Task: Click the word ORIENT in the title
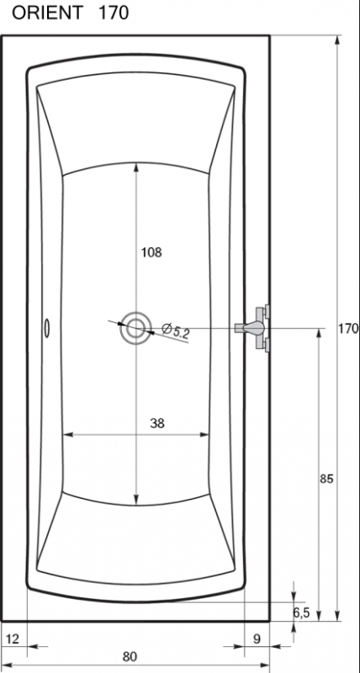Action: click(x=47, y=13)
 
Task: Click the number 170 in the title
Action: click(x=114, y=13)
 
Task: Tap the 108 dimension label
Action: click(x=151, y=252)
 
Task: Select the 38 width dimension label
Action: click(x=157, y=423)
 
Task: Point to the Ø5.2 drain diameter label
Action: click(x=176, y=331)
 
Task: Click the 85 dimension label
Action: click(x=326, y=479)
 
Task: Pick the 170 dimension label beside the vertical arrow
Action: click(x=348, y=329)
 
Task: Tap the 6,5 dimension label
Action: click(x=302, y=613)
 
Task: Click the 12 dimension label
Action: click(x=13, y=639)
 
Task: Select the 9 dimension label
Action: click(x=257, y=639)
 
